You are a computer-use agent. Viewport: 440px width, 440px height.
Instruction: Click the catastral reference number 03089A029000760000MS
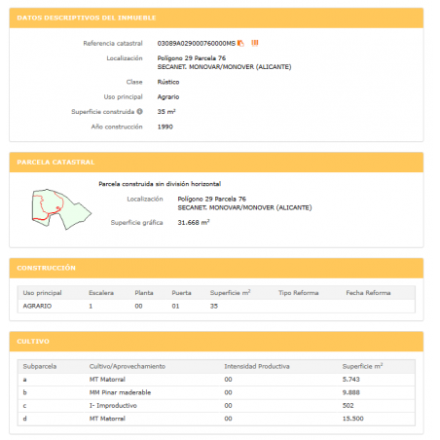(x=196, y=43)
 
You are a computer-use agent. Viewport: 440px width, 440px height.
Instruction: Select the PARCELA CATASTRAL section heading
(x=55, y=162)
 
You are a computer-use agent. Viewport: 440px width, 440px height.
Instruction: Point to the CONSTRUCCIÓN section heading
(x=48, y=267)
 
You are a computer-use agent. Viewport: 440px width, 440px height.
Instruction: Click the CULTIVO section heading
(x=36, y=342)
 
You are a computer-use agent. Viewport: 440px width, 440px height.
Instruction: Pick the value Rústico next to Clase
(x=168, y=82)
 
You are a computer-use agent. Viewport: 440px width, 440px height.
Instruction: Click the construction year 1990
(x=165, y=127)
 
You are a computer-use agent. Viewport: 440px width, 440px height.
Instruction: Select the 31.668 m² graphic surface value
(x=194, y=222)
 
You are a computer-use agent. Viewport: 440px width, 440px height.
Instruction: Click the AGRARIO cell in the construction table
(x=37, y=306)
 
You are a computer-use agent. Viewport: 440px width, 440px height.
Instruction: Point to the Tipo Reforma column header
(x=299, y=291)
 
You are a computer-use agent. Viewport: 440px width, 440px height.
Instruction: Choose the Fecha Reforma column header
(x=367, y=291)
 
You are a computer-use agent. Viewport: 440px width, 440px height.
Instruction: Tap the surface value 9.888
(x=352, y=391)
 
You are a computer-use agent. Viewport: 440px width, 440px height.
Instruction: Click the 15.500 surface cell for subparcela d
(x=354, y=419)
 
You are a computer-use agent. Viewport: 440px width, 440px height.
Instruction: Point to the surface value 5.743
(x=352, y=378)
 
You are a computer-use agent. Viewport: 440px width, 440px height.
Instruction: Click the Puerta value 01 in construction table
(x=175, y=306)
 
